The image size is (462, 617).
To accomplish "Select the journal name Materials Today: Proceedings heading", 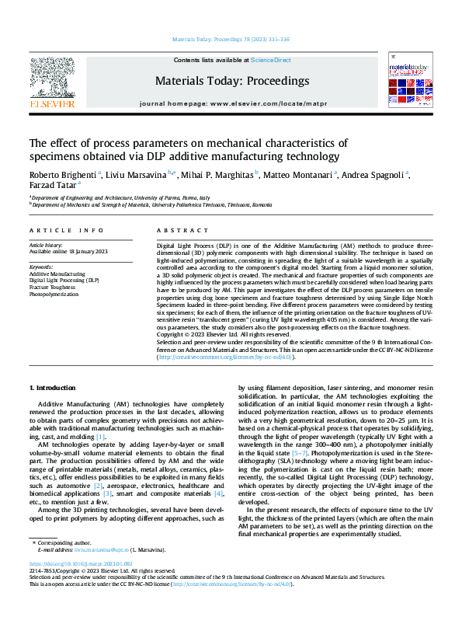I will point(231,80).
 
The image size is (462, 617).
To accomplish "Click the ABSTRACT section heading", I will point(179,231).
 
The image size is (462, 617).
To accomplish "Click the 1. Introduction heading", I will point(53,387).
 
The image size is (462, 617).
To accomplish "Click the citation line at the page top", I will point(231,40).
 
